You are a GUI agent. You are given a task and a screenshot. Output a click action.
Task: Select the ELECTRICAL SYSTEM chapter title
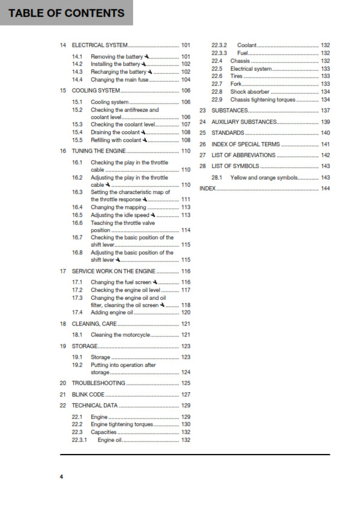[x=100, y=45]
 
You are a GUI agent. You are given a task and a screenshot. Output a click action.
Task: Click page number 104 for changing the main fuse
[x=186, y=79]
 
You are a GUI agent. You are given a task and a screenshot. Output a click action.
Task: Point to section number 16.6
[x=77, y=222]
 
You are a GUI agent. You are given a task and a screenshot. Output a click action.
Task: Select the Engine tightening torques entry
[x=122, y=424]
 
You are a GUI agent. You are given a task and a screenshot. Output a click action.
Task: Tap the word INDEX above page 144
[x=208, y=189]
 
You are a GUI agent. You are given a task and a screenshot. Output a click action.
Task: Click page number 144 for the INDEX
[x=325, y=189]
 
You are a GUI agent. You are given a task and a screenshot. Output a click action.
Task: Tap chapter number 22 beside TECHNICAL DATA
[x=63, y=406]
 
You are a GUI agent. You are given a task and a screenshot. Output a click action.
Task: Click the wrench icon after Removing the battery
[x=147, y=57]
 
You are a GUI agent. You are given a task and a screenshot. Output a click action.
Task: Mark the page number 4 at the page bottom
[x=61, y=477]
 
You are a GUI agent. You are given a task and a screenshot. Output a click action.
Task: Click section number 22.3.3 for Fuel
[x=219, y=53]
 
